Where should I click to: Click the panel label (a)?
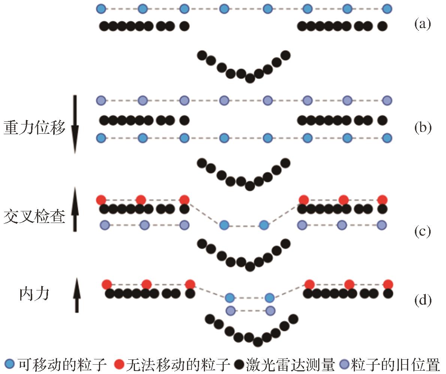click(x=422, y=25)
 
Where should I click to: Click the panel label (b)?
click(x=422, y=128)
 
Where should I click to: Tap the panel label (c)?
click(x=422, y=232)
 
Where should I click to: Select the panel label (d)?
click(x=422, y=300)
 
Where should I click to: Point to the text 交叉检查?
click(x=34, y=216)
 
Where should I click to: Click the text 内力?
click(x=34, y=294)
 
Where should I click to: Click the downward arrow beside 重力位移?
click(x=75, y=124)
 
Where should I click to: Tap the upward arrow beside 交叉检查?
click(x=75, y=209)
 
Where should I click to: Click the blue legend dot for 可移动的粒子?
click(x=10, y=364)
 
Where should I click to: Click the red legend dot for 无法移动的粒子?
click(x=119, y=364)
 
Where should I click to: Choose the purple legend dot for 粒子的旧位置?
click(x=344, y=364)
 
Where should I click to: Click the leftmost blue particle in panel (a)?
click(x=101, y=8)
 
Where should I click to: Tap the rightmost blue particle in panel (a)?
click(x=387, y=8)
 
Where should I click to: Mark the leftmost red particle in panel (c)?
click(x=101, y=199)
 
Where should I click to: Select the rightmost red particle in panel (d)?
click(x=388, y=284)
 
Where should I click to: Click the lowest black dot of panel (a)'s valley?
click(x=250, y=78)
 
